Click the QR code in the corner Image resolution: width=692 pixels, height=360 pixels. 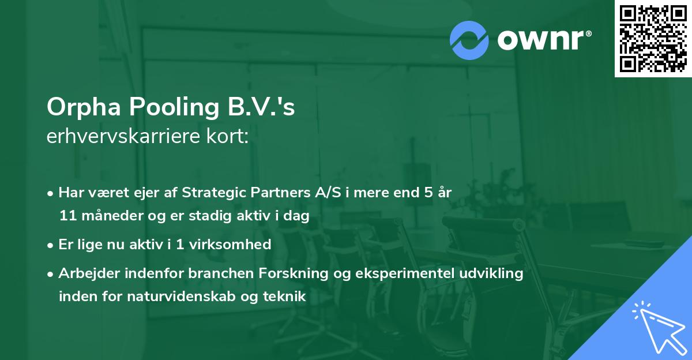(653, 38)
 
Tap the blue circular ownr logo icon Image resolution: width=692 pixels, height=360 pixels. (469, 40)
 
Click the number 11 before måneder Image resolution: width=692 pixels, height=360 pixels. (66, 216)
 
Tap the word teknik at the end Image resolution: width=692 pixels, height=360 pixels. (285, 297)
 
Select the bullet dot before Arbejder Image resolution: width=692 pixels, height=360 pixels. (51, 274)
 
